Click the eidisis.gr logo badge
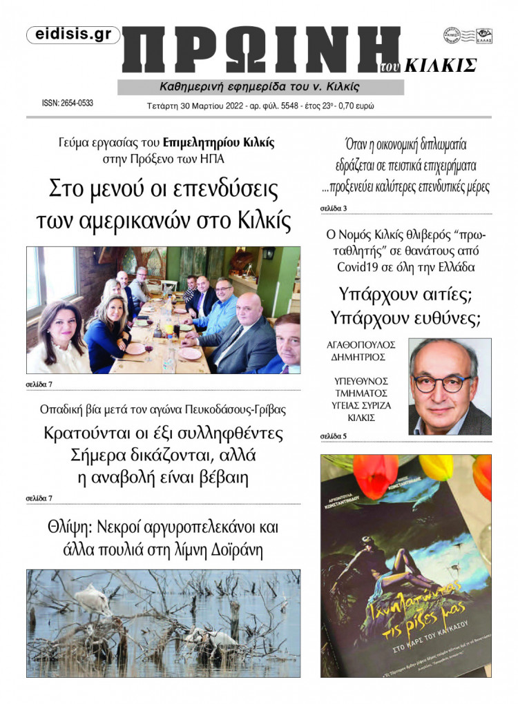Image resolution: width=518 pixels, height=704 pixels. pyautogui.click(x=73, y=35)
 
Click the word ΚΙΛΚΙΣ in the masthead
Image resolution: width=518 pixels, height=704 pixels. pyautogui.click(x=441, y=66)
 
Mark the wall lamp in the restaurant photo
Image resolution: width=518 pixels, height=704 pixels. pyautogui.click(x=269, y=253)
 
